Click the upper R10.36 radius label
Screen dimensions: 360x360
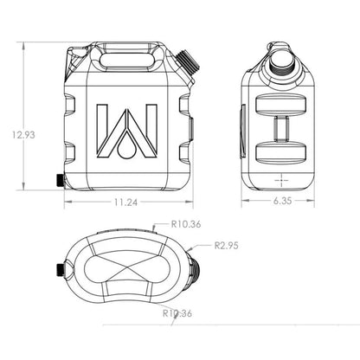(186, 224)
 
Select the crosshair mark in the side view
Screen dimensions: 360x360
(282, 179)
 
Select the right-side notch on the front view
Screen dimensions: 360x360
(185, 121)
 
